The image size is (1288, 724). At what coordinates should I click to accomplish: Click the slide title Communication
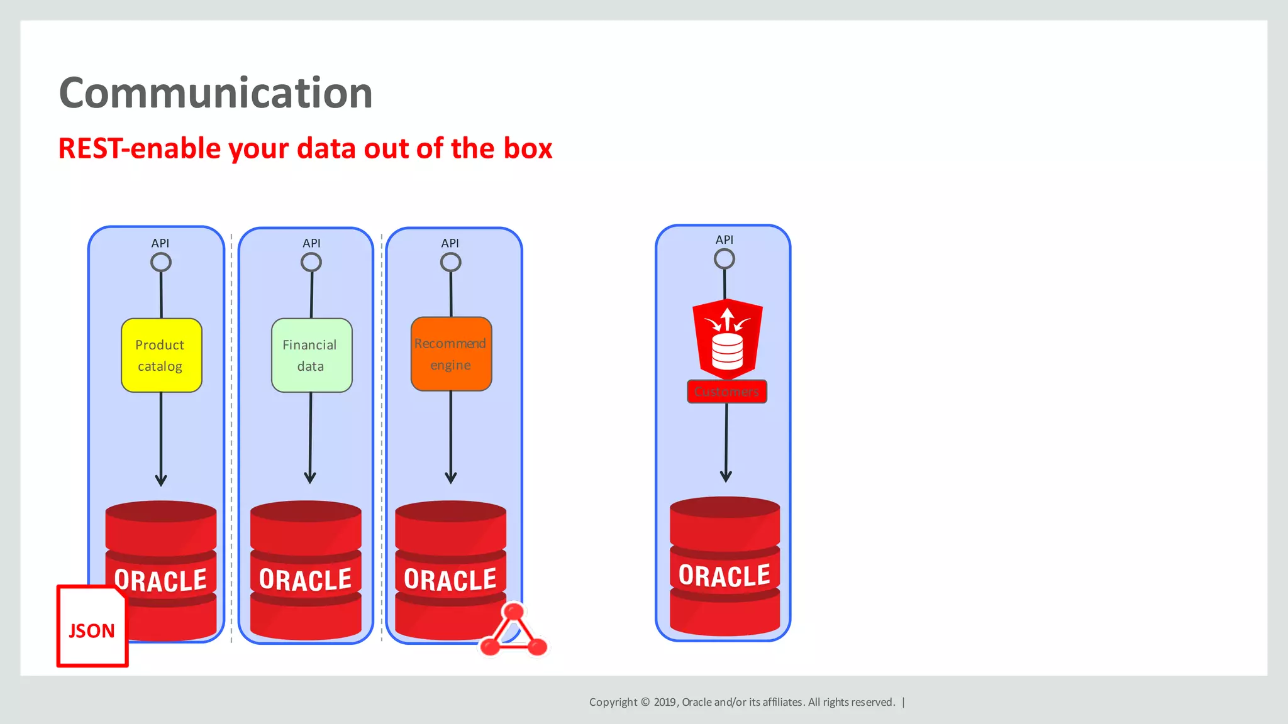coord(216,93)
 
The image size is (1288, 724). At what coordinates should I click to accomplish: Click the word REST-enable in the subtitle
coord(139,149)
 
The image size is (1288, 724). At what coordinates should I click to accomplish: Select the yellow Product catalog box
coord(161,355)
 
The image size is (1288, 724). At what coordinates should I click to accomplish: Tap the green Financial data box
coord(311,355)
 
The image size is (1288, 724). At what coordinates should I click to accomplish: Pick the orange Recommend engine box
coord(451,354)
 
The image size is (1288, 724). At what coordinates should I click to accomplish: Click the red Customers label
coord(726,392)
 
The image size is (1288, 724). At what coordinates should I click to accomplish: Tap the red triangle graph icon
coord(514,632)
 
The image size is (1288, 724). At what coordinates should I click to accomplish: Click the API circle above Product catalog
coord(161,262)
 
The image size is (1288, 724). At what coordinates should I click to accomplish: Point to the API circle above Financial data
coord(311,262)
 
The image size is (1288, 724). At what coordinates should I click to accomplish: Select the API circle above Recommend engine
coord(450,262)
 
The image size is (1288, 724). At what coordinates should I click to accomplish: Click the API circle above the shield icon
coord(724,258)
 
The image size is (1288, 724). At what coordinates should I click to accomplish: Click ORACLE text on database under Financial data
coord(306,579)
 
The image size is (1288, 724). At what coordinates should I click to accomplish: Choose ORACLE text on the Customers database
coord(724,576)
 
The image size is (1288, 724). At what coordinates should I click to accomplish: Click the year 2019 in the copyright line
coord(665,702)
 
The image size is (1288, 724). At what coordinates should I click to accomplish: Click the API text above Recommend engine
coord(450,243)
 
